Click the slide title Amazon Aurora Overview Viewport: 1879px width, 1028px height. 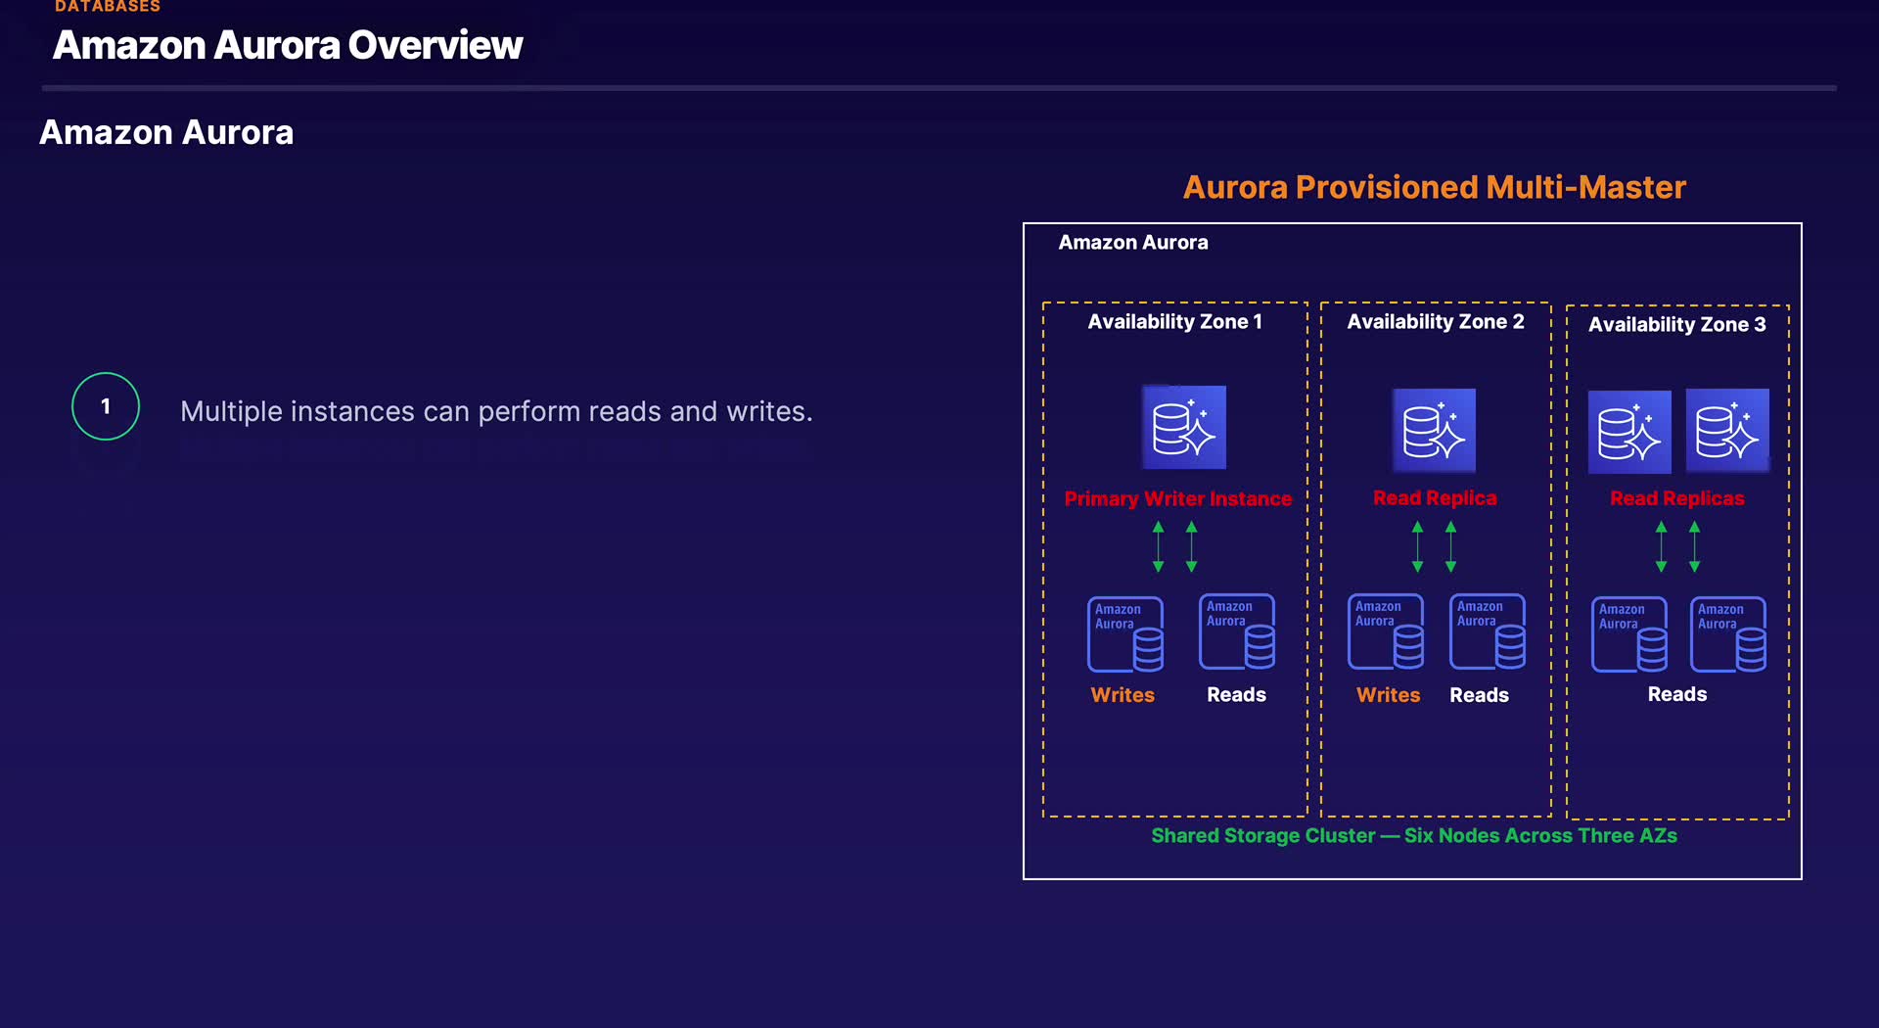[x=288, y=45]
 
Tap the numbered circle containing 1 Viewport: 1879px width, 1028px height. [x=106, y=406]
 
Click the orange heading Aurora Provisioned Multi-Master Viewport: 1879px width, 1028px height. [x=1434, y=187]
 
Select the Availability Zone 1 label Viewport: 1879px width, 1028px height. [x=1174, y=321]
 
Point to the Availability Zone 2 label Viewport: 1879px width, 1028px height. [x=1436, y=321]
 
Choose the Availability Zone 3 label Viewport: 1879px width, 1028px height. [x=1676, y=324]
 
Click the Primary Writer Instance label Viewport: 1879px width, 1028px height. [x=1177, y=498]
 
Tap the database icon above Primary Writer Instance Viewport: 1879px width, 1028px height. [x=1184, y=427]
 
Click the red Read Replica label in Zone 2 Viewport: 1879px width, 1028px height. [x=1435, y=497]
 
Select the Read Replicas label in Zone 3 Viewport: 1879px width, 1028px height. [x=1676, y=497]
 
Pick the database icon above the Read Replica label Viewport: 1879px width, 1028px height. [x=1434, y=431]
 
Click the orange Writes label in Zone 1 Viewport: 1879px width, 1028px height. [x=1123, y=695]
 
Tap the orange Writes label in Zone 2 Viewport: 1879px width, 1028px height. [x=1388, y=695]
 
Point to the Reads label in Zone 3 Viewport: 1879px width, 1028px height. [x=1676, y=694]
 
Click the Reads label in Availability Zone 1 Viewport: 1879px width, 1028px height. [x=1236, y=694]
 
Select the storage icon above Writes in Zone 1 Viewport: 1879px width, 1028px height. [x=1125, y=634]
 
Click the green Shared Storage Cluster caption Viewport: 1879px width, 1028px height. [x=1414, y=835]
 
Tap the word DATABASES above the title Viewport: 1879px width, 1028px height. [x=108, y=6]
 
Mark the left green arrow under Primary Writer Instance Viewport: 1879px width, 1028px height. [x=1159, y=546]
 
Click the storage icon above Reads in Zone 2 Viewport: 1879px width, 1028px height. [x=1488, y=631]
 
